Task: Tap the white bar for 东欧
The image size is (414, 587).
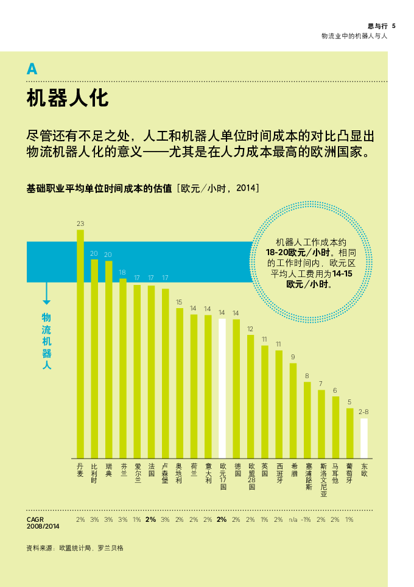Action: point(364,438)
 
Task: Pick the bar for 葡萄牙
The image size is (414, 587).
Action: point(349,432)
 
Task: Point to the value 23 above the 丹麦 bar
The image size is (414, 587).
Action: point(80,224)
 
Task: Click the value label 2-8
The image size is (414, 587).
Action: point(363,412)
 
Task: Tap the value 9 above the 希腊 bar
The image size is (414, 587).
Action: point(293,357)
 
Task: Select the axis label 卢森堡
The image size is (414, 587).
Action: point(165,473)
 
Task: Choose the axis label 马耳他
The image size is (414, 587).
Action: point(335,473)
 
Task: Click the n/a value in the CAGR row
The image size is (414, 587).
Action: point(293,519)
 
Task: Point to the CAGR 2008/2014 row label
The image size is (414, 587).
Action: point(43,522)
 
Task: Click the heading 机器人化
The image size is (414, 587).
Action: point(68,98)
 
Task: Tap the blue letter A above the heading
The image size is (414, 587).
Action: point(32,69)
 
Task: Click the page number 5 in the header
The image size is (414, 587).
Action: point(394,26)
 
